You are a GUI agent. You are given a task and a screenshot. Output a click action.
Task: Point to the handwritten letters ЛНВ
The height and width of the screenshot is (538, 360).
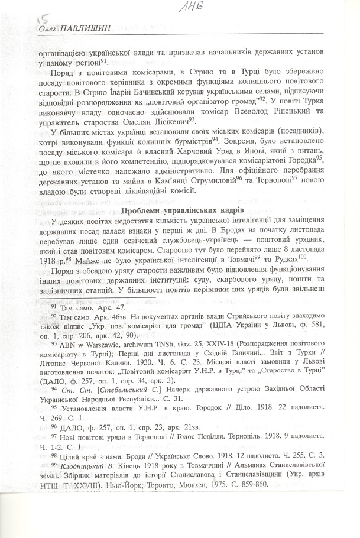tap(189, 7)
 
